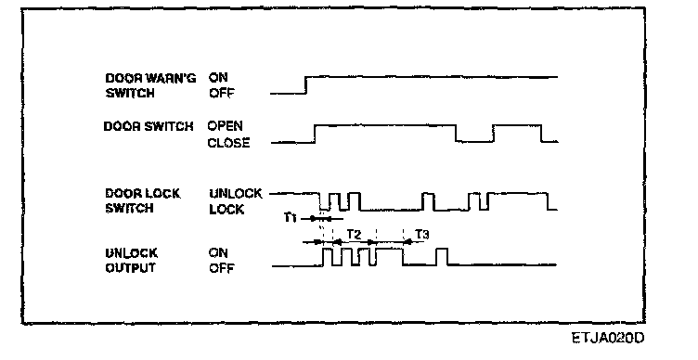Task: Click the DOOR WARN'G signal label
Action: coord(150,78)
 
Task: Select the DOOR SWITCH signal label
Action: coord(149,126)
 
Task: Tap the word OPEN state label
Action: coord(226,126)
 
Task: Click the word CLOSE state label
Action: coord(229,143)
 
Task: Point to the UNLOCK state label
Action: coord(236,194)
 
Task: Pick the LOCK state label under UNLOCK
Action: coord(226,209)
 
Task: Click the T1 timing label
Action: coord(291,218)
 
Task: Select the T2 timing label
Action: coord(355,234)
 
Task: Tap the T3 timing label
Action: coord(422,234)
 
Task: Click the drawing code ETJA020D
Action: coord(608,338)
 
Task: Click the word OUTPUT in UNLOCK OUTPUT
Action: coord(131,268)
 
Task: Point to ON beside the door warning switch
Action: coord(218,77)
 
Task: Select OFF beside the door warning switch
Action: coord(221,94)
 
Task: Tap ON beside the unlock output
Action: coord(218,253)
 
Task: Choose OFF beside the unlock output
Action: coord(221,268)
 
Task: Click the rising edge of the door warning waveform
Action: coord(305,85)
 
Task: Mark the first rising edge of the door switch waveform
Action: coord(315,134)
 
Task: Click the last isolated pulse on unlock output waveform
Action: coord(442,257)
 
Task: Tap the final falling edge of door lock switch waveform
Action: coord(548,201)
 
